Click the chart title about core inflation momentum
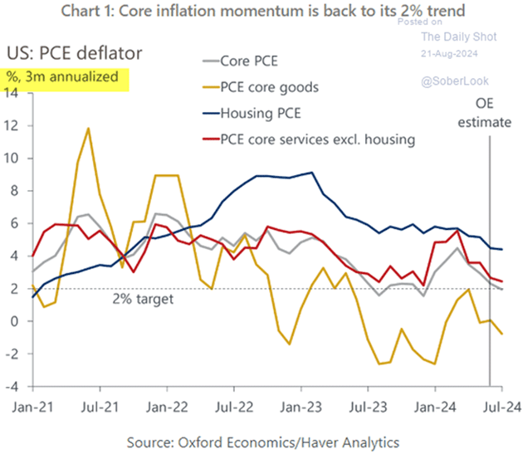(262, 12)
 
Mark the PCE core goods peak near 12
(88, 129)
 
